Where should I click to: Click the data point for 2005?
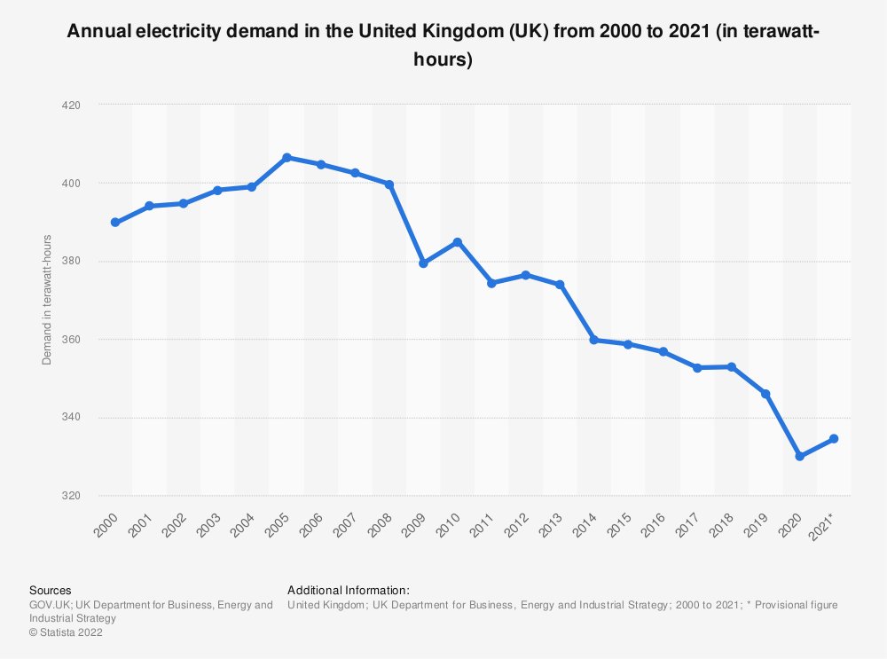point(287,158)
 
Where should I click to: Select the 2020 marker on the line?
point(800,456)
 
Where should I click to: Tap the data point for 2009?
point(423,263)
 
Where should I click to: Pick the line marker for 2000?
point(115,223)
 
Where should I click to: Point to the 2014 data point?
point(594,341)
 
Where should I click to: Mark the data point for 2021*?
point(834,439)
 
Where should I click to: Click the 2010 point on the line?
point(458,242)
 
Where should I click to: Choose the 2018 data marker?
point(732,367)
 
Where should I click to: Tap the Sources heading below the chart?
point(51,590)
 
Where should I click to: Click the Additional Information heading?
point(349,590)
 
